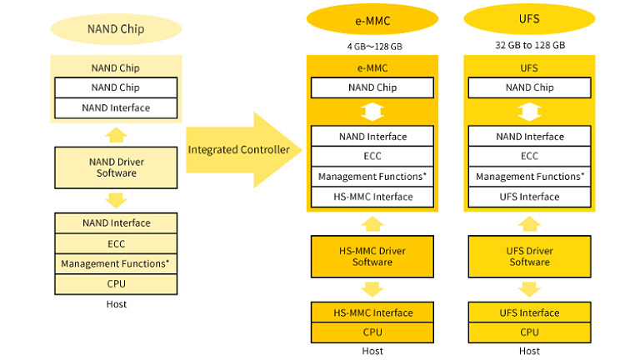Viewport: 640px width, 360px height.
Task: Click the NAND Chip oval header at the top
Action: point(116,31)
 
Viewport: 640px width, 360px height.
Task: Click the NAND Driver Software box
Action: point(117,167)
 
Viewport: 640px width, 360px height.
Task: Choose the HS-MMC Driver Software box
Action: point(372,255)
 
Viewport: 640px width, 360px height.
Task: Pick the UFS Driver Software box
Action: point(530,255)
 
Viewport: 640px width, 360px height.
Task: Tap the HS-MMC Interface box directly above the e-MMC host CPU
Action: point(372,312)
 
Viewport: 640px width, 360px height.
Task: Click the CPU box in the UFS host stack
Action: point(530,332)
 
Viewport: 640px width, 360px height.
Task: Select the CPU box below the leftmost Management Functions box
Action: point(117,283)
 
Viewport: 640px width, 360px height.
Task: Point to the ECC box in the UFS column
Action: point(530,157)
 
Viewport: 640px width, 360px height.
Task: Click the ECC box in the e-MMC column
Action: point(372,157)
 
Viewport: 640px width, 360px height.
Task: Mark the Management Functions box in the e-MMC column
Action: point(372,177)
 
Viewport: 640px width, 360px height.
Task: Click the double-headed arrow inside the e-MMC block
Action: point(372,112)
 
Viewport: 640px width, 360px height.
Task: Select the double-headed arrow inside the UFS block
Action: point(530,112)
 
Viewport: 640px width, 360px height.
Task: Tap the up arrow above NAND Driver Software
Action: point(117,133)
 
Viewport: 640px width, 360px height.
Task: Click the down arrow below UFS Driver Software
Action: point(530,288)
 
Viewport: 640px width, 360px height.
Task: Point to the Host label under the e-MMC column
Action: point(372,351)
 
